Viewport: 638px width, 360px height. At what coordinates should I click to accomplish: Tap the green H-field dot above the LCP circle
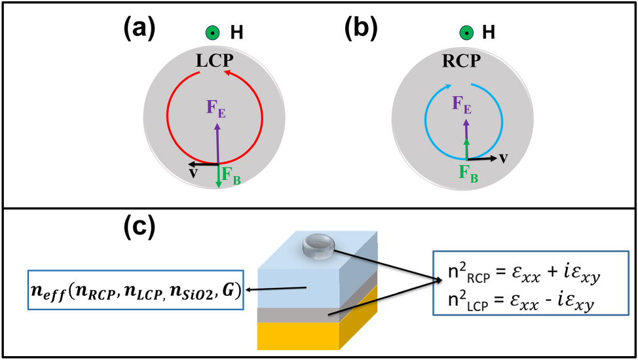point(212,33)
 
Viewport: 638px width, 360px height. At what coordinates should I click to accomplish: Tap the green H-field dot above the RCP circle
point(466,32)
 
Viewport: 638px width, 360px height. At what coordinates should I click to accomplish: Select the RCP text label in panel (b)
point(460,62)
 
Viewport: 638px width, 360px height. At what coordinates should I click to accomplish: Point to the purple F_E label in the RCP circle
point(462,105)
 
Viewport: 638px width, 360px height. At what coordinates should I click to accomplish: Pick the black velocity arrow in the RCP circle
point(481,158)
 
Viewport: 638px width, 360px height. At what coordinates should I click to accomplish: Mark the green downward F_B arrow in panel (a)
point(218,175)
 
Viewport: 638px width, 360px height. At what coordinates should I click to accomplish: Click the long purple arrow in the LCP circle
point(217,141)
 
